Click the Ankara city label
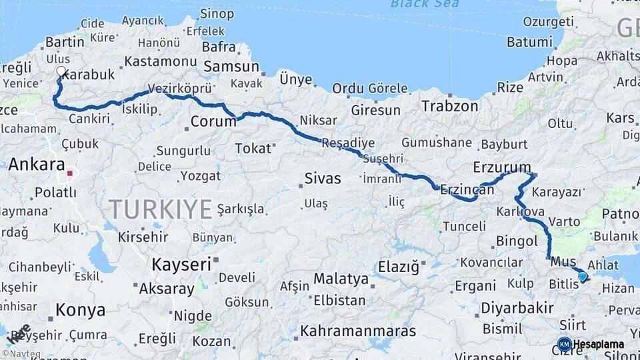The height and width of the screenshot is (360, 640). (37, 165)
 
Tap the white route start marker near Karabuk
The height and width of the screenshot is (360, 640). (61, 71)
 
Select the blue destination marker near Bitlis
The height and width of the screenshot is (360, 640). (583, 276)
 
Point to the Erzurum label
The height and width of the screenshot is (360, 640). (502, 167)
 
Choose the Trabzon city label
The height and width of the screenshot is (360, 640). (450, 106)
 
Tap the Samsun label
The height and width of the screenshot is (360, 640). (231, 67)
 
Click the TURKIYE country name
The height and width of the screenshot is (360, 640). (161, 209)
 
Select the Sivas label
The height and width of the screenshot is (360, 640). (323, 179)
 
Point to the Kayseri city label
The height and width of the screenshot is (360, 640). (181, 264)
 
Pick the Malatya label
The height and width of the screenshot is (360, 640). (341, 278)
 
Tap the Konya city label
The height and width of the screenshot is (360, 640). (80, 310)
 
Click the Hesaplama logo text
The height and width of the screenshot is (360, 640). (599, 345)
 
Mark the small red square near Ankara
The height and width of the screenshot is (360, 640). (70, 173)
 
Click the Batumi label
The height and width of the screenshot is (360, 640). (529, 41)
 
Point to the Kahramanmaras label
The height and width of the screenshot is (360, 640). (358, 331)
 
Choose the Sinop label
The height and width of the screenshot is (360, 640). (217, 13)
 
